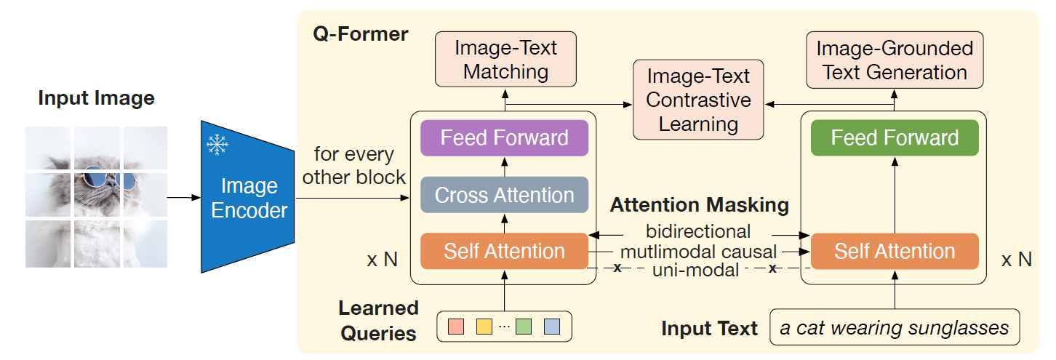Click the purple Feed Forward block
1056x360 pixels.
click(x=504, y=137)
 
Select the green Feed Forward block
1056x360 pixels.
click(x=895, y=137)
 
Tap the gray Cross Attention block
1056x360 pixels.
click(x=504, y=195)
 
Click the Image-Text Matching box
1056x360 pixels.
click(x=505, y=60)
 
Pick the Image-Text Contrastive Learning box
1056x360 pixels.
click(x=698, y=100)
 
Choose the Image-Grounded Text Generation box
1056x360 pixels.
click(x=895, y=60)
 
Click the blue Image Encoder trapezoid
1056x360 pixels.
click(x=248, y=196)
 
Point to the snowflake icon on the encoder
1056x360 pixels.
click(x=217, y=145)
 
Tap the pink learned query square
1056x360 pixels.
click(x=456, y=326)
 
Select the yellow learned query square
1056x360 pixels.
click(x=484, y=326)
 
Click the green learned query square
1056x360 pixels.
click(x=524, y=326)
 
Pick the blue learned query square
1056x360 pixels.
click(x=552, y=326)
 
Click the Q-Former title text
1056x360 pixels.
click(x=361, y=34)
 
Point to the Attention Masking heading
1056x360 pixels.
click(x=700, y=205)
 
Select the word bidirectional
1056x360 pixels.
click(x=698, y=231)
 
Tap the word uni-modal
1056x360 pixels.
click(x=695, y=270)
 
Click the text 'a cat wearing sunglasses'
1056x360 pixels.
click(x=895, y=328)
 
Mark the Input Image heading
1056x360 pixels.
click(x=97, y=98)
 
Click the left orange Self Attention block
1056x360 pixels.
click(x=504, y=251)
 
